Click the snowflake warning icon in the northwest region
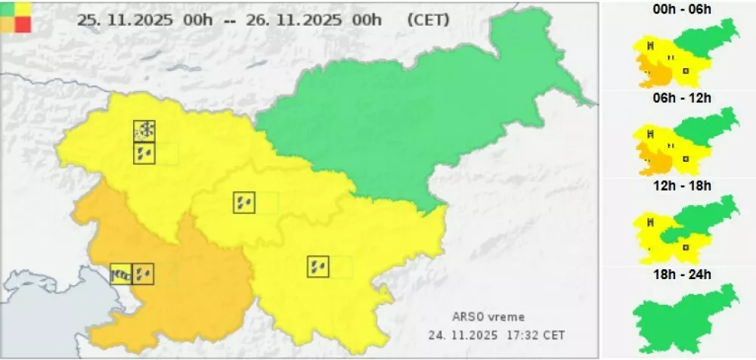(x=144, y=131)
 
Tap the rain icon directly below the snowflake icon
(x=144, y=154)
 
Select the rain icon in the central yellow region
(x=244, y=203)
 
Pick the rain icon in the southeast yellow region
(x=318, y=267)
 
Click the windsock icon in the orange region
(x=121, y=274)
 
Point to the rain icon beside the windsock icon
(x=143, y=274)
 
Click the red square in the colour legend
(x=23, y=23)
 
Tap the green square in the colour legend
(x=8, y=8)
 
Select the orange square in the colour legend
(x=8, y=23)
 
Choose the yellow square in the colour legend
(x=23, y=8)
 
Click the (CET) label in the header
(x=428, y=20)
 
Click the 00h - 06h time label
(x=684, y=9)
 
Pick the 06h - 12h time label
(x=684, y=98)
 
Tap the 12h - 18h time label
(x=684, y=185)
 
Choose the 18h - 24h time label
(x=684, y=274)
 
